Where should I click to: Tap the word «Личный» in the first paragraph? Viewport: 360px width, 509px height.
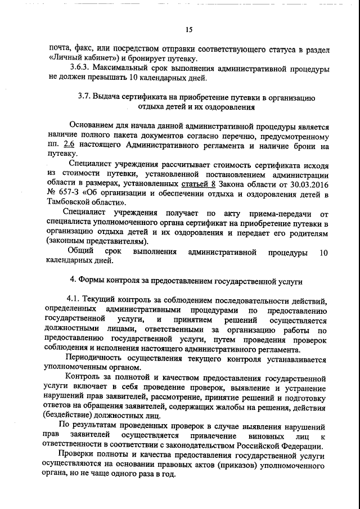(x=70, y=58)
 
